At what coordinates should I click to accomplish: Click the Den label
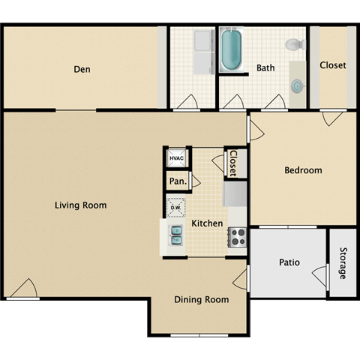point(82,70)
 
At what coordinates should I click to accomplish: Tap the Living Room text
point(79,205)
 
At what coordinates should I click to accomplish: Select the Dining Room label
point(201,299)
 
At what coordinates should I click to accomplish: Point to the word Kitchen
point(206,223)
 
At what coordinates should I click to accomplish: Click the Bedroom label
point(303,170)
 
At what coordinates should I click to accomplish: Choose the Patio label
point(289,262)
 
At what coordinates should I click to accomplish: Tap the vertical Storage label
point(343,263)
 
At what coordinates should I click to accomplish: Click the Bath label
point(265,67)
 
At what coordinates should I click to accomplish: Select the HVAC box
point(176,159)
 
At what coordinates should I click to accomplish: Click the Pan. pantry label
point(177,181)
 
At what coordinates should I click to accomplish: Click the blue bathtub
point(232,49)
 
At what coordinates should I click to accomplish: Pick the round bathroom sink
point(298,86)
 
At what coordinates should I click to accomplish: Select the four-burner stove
point(238,237)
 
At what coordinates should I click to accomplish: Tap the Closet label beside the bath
point(333,65)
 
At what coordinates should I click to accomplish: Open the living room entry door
point(22,288)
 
